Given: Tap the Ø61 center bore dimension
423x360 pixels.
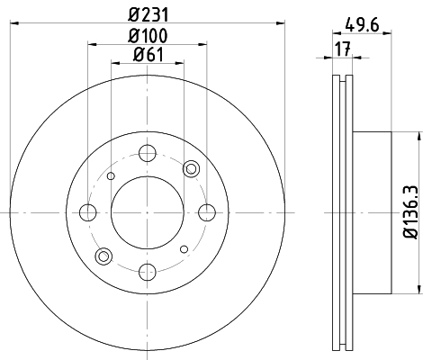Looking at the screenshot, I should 148,57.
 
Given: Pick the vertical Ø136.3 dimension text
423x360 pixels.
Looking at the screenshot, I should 409,212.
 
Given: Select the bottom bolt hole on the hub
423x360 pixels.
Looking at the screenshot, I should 148,273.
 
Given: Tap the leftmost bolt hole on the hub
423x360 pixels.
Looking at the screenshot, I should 88,212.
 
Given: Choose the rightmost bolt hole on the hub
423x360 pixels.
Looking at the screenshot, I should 208,212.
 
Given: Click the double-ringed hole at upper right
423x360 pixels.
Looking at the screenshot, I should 190,169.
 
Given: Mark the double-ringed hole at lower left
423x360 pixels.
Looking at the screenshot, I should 105,256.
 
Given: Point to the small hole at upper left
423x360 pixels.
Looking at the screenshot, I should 111,176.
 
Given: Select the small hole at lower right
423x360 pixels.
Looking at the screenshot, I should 184,249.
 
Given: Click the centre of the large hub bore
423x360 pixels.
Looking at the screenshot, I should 148,212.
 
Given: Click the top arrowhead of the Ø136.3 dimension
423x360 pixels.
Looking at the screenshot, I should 418,135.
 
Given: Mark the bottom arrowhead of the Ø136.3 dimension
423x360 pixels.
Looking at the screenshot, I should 418,290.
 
